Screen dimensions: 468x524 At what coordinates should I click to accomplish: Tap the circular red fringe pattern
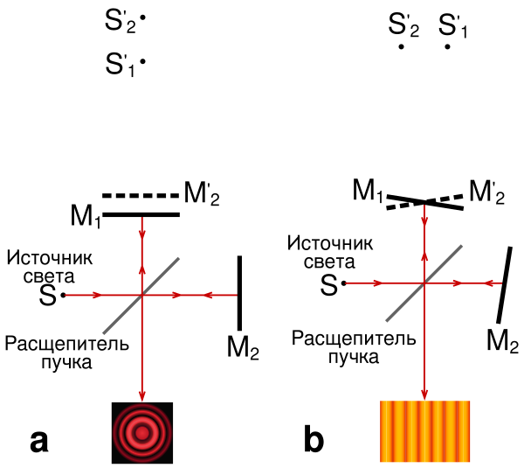(x=142, y=432)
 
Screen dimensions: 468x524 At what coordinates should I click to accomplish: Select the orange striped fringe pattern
(x=424, y=430)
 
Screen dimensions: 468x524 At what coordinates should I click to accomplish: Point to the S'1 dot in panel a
(x=141, y=61)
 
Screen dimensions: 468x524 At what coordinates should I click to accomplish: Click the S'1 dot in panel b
(x=447, y=46)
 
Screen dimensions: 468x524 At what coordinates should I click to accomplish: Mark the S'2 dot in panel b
(x=401, y=46)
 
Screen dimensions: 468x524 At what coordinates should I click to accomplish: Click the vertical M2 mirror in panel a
(x=238, y=289)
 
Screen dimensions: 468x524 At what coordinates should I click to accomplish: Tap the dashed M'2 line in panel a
(x=141, y=195)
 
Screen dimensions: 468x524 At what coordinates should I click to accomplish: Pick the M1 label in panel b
(x=368, y=189)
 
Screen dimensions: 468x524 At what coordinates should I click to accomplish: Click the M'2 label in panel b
(x=487, y=190)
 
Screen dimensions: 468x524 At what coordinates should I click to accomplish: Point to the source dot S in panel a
(x=64, y=296)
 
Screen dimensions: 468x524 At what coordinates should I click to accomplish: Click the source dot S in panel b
(x=343, y=283)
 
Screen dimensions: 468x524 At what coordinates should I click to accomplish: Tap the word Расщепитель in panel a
(x=66, y=343)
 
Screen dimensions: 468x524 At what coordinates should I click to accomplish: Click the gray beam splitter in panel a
(x=141, y=295)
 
